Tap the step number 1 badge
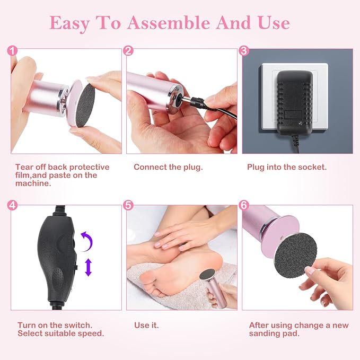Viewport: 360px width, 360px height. (x=13, y=51)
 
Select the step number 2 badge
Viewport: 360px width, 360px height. (x=128, y=51)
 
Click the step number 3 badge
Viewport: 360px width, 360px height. (x=244, y=51)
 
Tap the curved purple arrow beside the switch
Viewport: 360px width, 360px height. (x=87, y=242)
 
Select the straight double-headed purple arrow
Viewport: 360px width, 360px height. (x=88, y=267)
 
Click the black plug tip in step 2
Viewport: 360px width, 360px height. (x=187, y=100)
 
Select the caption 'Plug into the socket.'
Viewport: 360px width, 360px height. (x=287, y=167)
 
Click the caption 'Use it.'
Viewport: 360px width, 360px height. (x=146, y=325)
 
